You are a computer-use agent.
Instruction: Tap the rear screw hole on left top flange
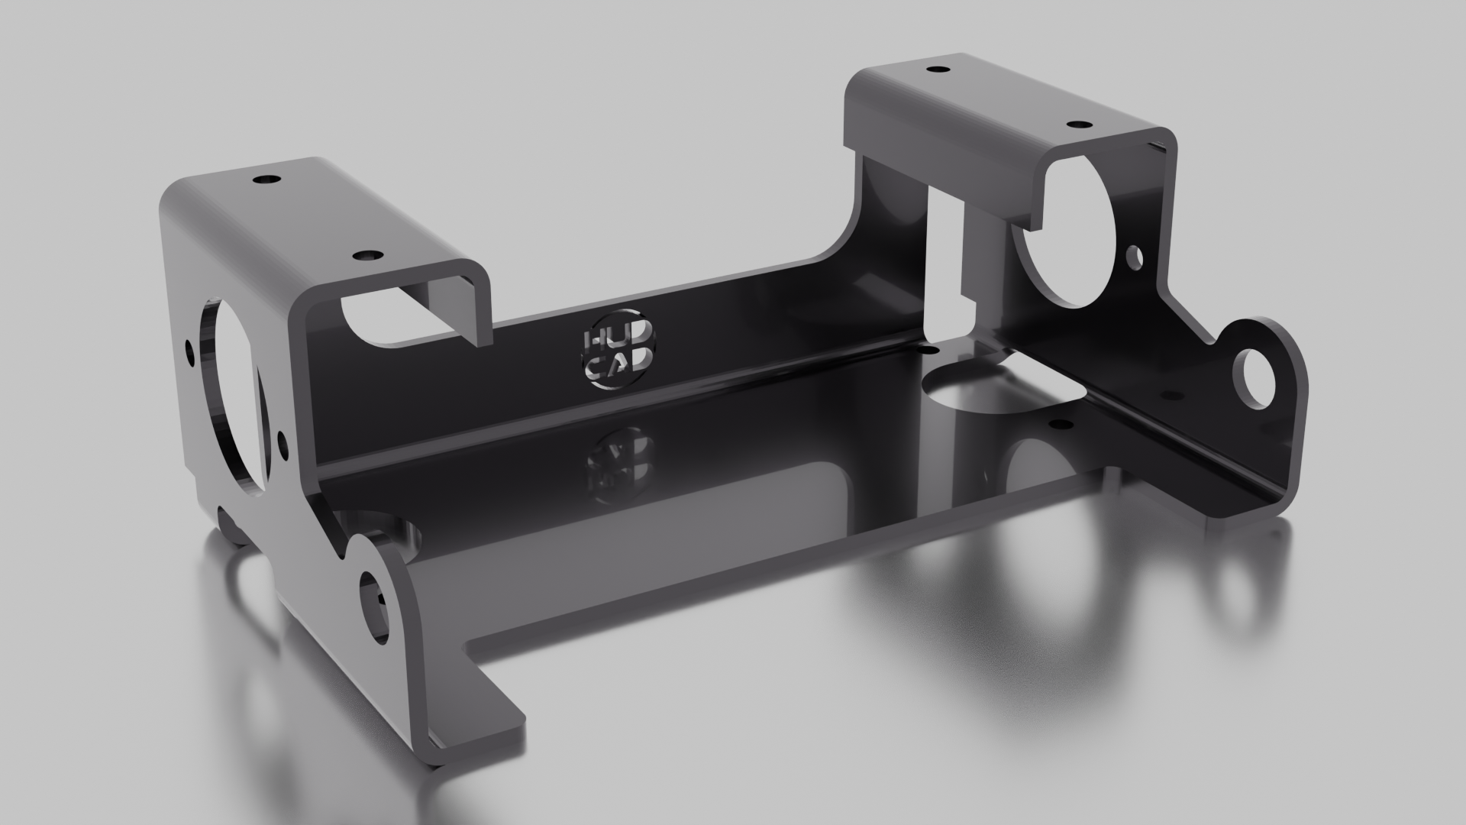pos(266,180)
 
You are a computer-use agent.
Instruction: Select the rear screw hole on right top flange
pos(936,70)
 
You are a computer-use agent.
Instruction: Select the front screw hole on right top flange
pos(1078,124)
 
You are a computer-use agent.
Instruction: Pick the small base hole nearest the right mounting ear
pos(1168,394)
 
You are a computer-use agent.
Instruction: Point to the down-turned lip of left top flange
pos(481,306)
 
